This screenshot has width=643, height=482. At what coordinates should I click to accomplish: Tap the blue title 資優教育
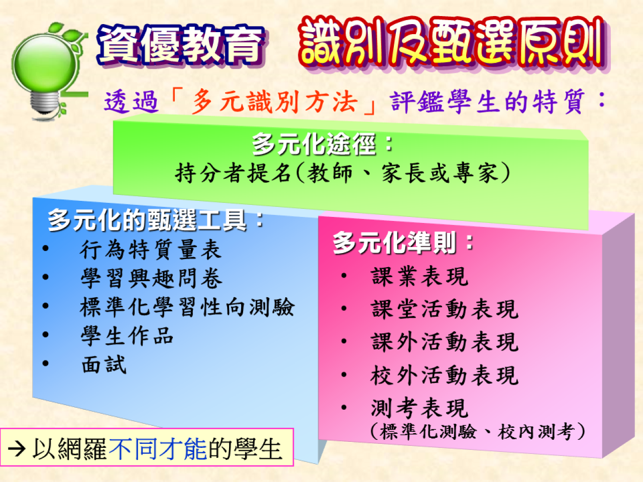[x=181, y=45]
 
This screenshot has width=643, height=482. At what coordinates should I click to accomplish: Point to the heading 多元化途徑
[x=314, y=144]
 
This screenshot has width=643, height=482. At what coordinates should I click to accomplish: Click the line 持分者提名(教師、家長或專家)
[x=343, y=173]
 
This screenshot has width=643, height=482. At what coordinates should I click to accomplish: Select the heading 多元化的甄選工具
[x=147, y=219]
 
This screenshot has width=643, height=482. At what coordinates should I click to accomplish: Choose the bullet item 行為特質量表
[x=151, y=250]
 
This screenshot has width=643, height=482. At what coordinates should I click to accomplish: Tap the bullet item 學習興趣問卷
[x=151, y=278]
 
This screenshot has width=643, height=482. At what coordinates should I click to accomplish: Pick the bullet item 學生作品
[x=127, y=335]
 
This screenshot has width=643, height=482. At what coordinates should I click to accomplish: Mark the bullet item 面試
[x=103, y=364]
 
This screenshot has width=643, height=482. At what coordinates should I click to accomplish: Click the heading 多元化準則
[x=394, y=243]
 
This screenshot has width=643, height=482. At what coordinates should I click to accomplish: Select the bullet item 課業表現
[x=419, y=276]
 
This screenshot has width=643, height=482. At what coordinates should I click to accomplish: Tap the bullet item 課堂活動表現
[x=444, y=309]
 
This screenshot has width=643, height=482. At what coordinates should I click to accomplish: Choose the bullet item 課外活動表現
[x=444, y=342]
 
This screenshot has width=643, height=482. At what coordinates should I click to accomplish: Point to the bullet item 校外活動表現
[x=444, y=375]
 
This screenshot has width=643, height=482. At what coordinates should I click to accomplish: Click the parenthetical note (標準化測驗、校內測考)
[x=478, y=431]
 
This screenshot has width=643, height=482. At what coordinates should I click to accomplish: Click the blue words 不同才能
[x=158, y=449]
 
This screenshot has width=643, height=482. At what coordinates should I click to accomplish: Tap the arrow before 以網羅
[x=17, y=449]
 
